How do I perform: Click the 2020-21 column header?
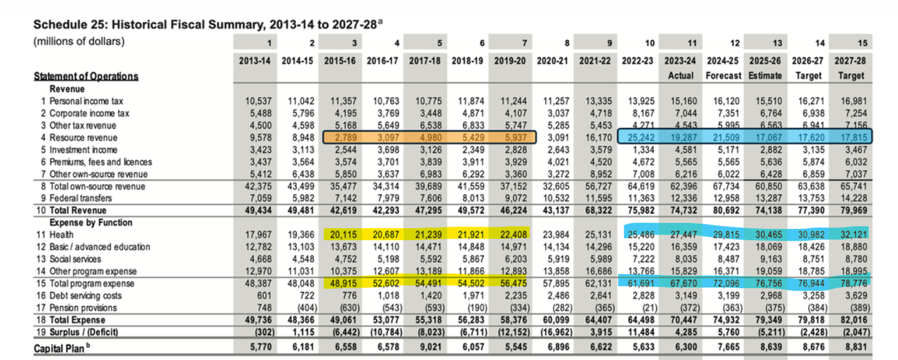pyautogui.click(x=554, y=61)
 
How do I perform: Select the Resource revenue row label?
pyautogui.click(x=83, y=138)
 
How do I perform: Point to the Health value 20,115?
pyautogui.click(x=342, y=235)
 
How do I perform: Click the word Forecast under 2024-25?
pyautogui.click(x=723, y=75)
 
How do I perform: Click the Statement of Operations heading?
pyautogui.click(x=86, y=76)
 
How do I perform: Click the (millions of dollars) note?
pyautogui.click(x=79, y=41)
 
